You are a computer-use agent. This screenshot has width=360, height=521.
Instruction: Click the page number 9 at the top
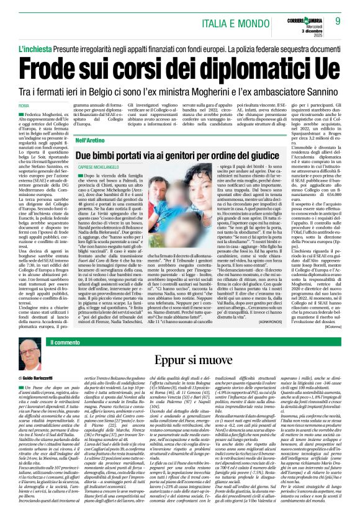coord(338,20)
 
